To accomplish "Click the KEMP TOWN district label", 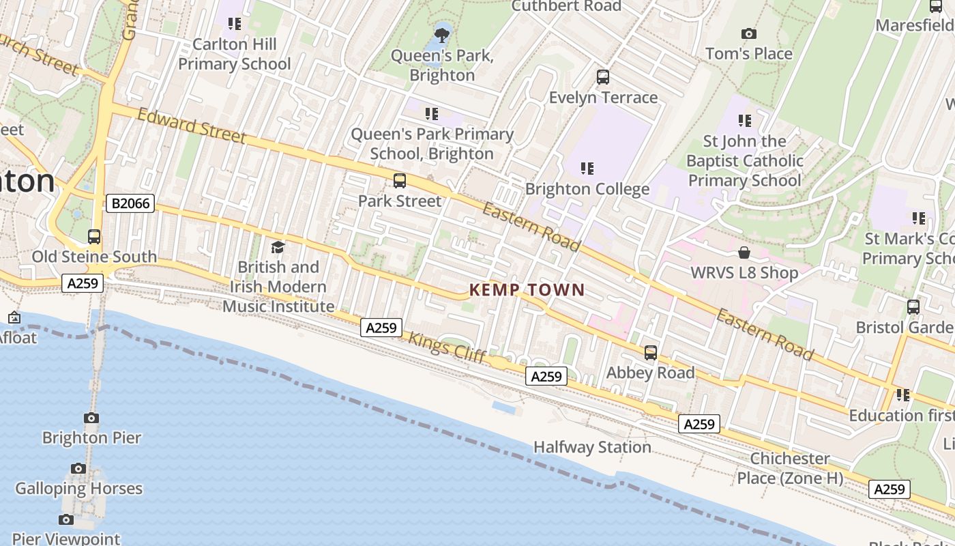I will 527,290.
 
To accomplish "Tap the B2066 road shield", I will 130,203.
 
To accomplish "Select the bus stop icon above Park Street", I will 400,181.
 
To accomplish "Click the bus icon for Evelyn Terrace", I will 603,77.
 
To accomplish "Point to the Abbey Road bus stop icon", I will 651,353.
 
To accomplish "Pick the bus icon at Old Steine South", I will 94,237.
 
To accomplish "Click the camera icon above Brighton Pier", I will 91,418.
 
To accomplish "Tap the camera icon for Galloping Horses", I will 78,468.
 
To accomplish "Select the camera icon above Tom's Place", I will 748,33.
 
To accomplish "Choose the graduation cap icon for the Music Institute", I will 278,246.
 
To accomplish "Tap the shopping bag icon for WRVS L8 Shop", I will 744,253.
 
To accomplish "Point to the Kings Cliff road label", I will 447,347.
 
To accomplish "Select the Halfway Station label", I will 592,447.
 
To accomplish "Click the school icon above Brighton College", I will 587,168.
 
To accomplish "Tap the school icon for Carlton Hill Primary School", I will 235,24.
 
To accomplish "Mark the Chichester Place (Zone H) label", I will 790,468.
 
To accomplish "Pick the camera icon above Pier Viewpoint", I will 65,519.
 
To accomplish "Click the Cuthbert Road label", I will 565,6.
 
